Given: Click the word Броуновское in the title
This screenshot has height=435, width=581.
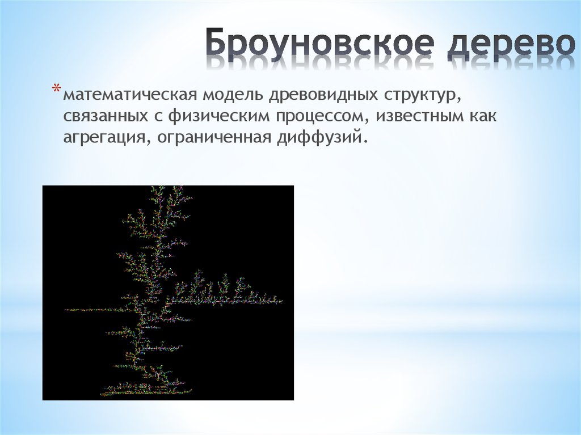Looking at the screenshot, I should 321,44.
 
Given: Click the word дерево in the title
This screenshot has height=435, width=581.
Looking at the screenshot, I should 510,44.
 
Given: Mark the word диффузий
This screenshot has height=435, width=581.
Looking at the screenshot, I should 327,137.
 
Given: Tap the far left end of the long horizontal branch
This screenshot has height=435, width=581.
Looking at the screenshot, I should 66,310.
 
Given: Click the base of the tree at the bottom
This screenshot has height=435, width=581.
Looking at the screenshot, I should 136,391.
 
